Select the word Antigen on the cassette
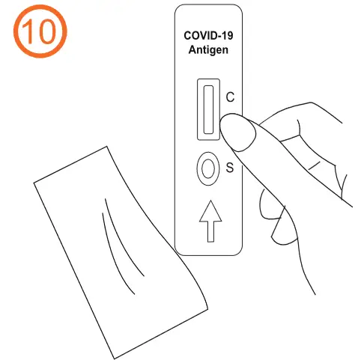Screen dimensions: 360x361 [209, 49]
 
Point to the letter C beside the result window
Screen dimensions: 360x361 [230, 97]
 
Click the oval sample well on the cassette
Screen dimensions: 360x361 [206, 168]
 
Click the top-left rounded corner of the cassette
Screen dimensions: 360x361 [180, 10]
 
